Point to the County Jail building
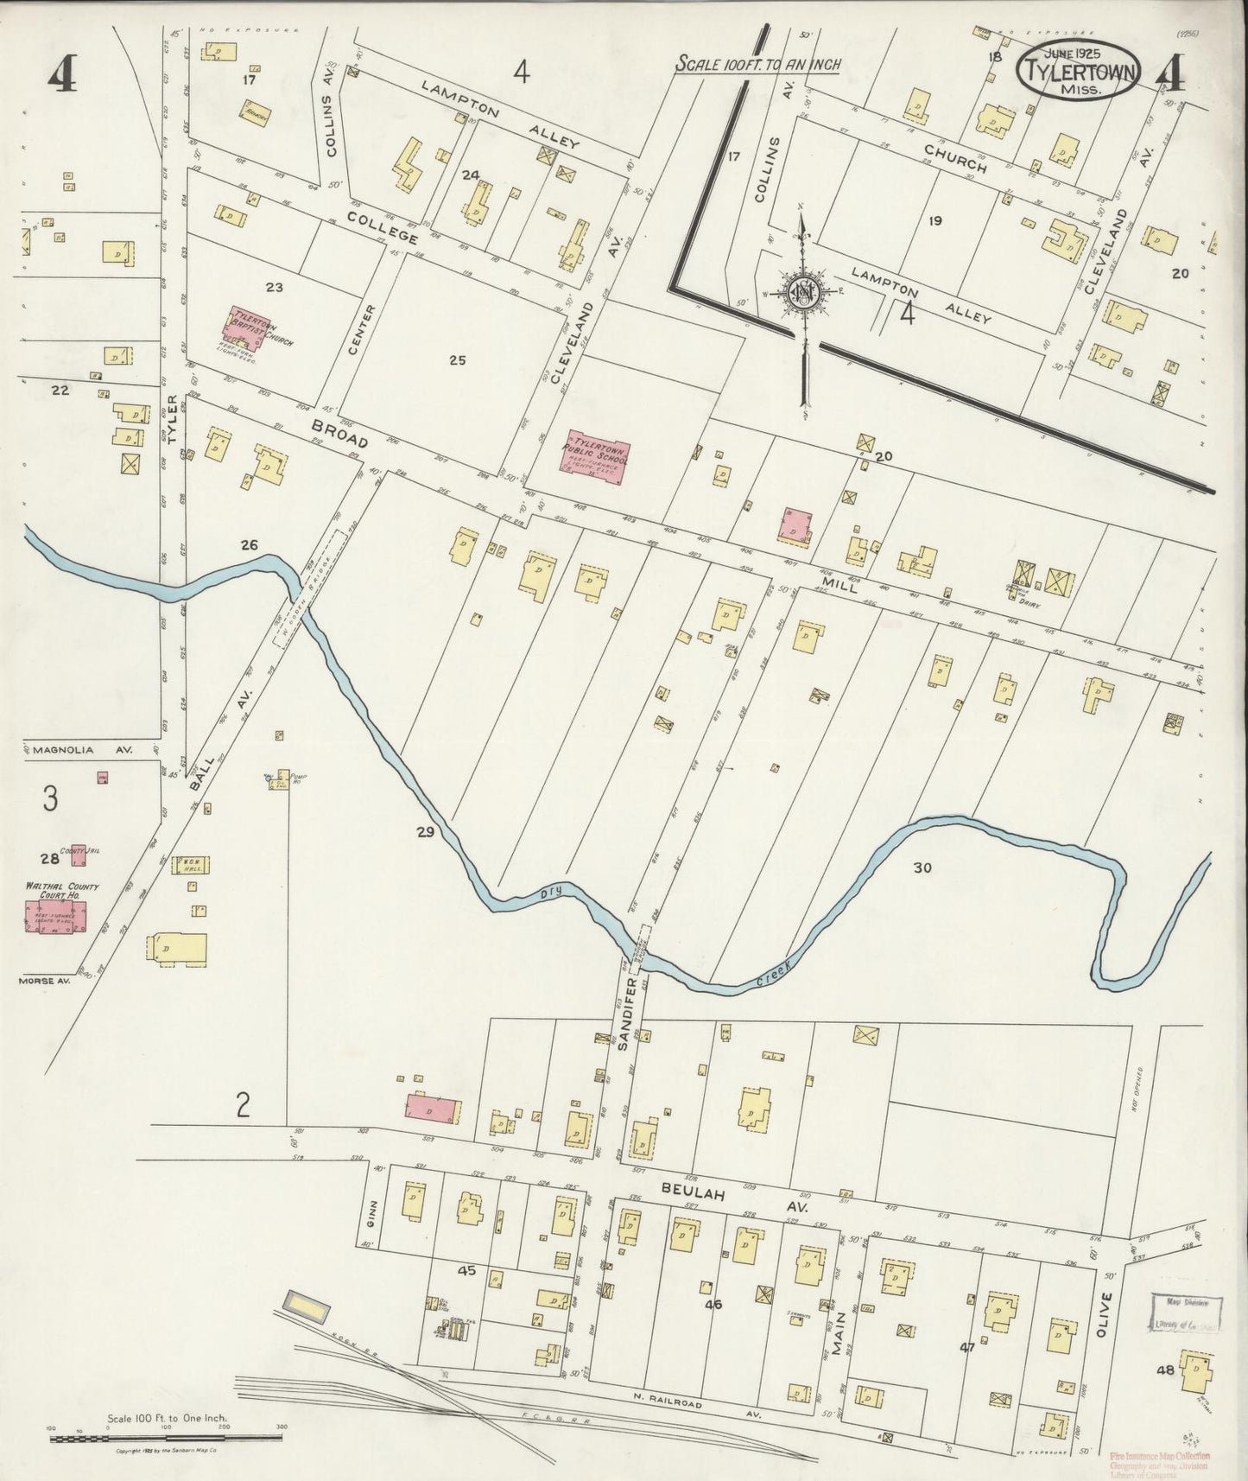point(79,856)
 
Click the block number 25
point(457,360)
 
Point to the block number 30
point(922,868)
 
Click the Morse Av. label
point(43,981)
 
